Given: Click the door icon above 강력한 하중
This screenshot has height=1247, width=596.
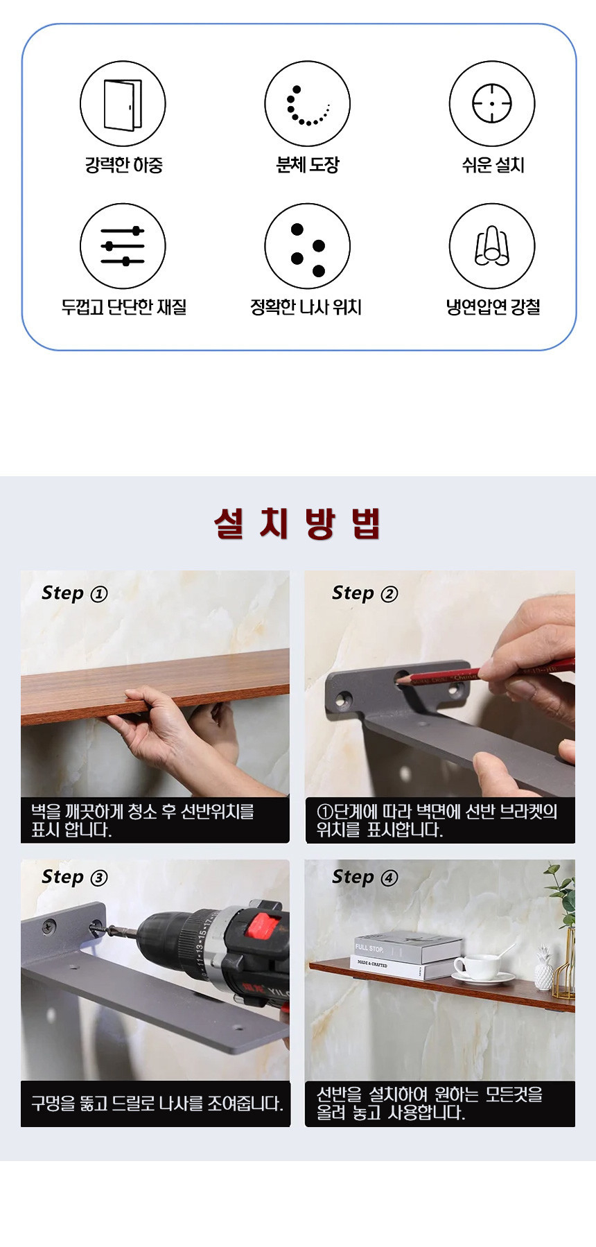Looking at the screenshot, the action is pyautogui.click(x=123, y=104).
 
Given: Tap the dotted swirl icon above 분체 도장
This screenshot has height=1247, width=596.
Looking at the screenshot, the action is pyautogui.click(x=307, y=104).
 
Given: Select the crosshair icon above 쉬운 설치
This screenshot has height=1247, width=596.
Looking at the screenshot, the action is pyautogui.click(x=492, y=104).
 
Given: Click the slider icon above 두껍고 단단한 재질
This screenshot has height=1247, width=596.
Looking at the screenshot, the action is pyautogui.click(x=123, y=246).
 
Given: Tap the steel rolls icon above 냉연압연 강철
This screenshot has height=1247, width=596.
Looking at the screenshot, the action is pyautogui.click(x=492, y=246).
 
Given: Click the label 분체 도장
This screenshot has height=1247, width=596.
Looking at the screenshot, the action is pyautogui.click(x=308, y=165).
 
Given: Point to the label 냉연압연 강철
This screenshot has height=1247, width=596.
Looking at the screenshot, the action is pyautogui.click(x=493, y=307).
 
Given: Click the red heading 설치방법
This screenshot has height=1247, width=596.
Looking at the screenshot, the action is pyautogui.click(x=297, y=523).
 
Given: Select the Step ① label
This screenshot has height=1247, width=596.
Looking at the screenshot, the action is pyautogui.click(x=74, y=593).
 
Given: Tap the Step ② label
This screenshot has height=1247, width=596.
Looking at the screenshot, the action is pyautogui.click(x=365, y=593).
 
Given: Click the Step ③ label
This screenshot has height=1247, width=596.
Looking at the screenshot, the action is pyautogui.click(x=74, y=878).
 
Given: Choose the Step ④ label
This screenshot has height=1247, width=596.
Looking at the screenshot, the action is pyautogui.click(x=365, y=878).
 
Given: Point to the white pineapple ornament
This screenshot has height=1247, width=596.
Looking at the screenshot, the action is pyautogui.click(x=544, y=968).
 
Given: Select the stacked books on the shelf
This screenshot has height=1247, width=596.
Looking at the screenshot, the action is pyautogui.click(x=409, y=955).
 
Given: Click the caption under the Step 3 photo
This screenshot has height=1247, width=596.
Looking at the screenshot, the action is pyautogui.click(x=157, y=1104).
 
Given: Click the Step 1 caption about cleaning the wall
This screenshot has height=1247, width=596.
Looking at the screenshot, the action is pyautogui.click(x=142, y=820).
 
